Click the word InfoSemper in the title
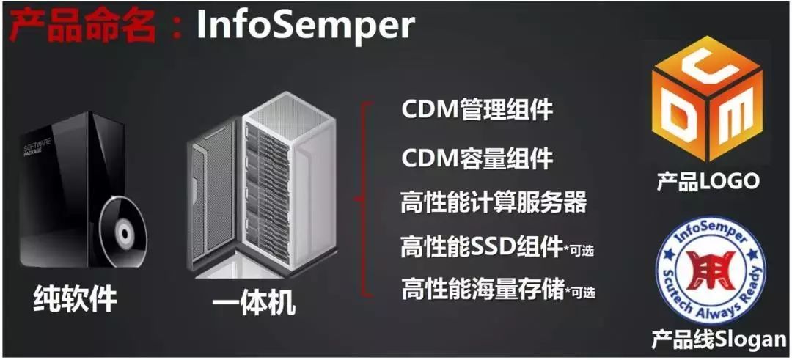point(305,25)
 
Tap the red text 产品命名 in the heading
point(83,26)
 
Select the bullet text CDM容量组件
point(477,158)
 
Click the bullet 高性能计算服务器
point(494,203)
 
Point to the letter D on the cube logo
point(681,117)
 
